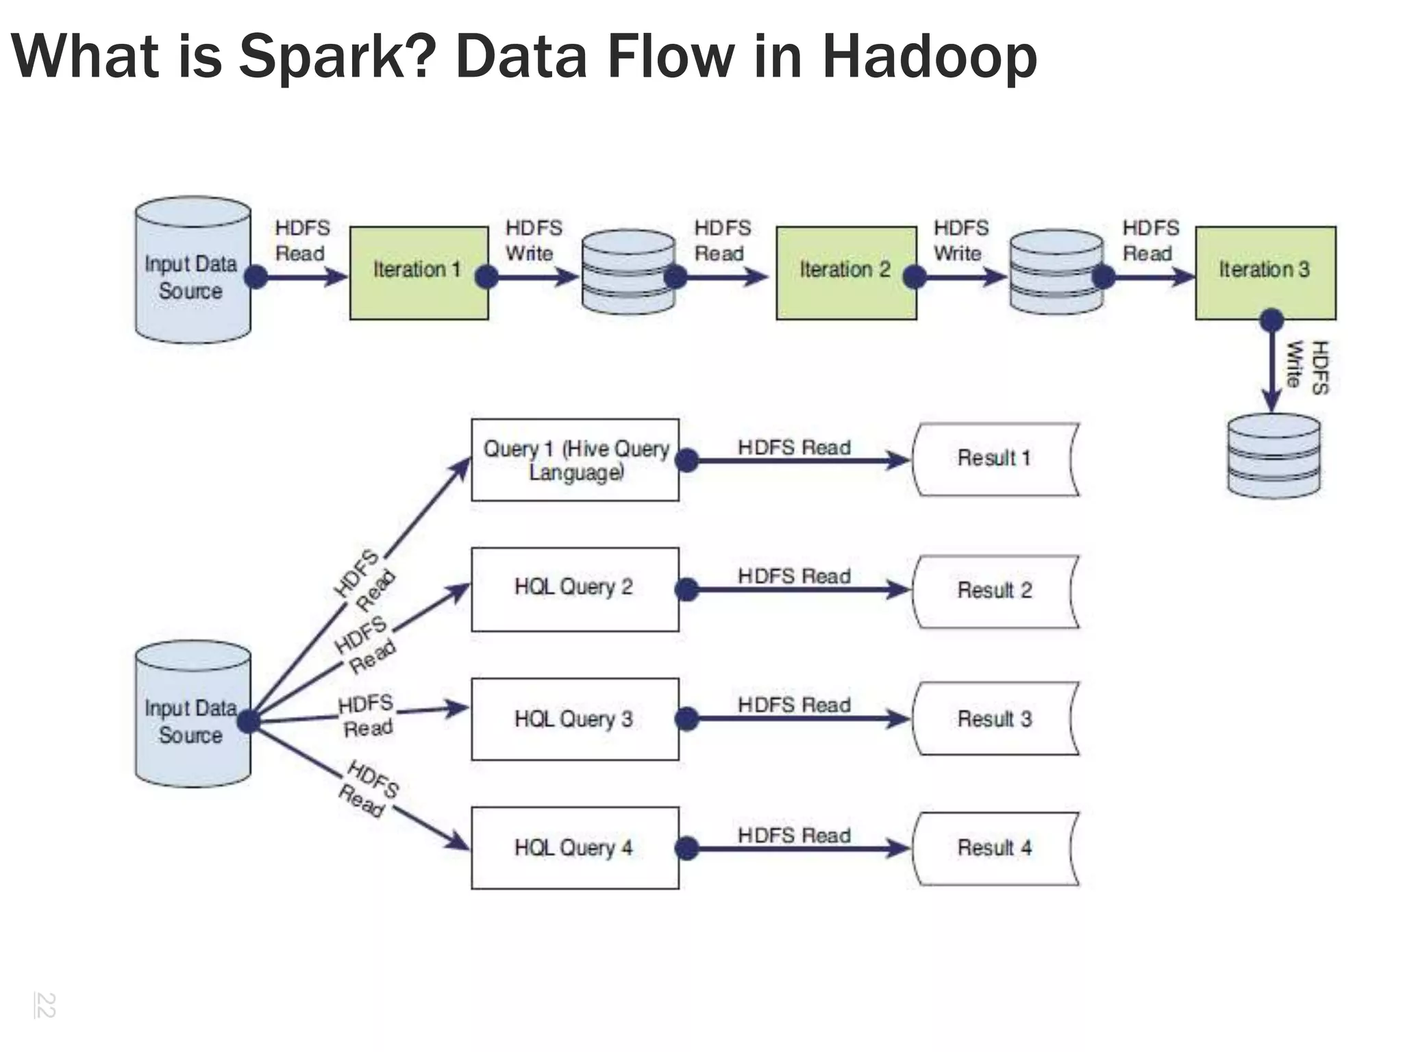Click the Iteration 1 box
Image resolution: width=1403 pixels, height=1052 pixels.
419,273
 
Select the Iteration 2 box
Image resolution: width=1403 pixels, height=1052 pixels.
845,273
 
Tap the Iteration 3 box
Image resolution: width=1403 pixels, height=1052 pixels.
1265,273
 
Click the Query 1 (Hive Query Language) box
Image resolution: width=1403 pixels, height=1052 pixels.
575,460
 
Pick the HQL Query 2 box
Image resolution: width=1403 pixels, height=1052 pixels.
575,588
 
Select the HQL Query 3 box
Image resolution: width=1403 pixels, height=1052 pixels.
575,718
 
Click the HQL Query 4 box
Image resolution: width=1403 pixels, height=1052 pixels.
575,848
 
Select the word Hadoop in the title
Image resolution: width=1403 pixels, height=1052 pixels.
929,58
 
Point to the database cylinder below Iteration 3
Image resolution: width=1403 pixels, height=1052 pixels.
1274,456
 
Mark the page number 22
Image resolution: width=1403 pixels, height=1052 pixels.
45,1005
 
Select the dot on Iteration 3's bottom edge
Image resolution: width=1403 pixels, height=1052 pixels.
1271,319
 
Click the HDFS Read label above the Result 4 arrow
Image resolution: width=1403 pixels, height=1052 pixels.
794,835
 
